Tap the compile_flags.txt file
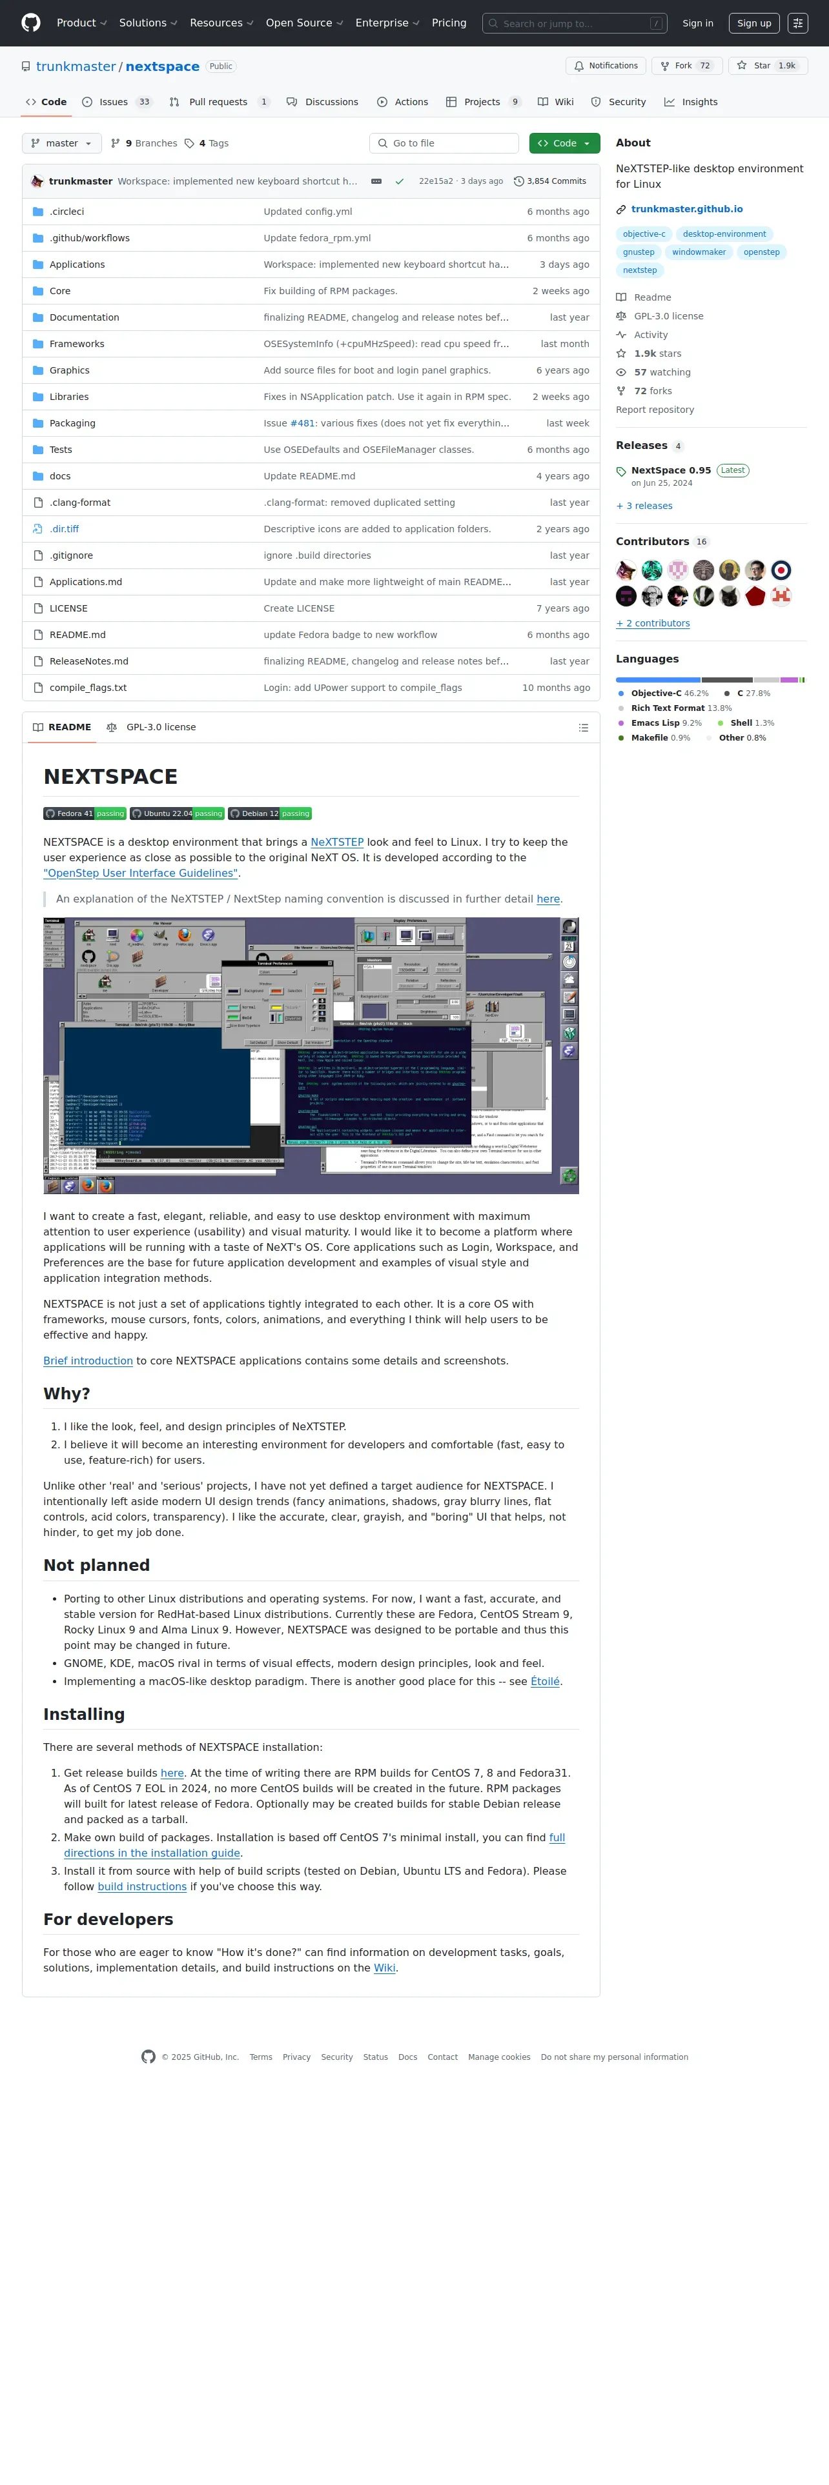click(x=88, y=688)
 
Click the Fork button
click(x=683, y=66)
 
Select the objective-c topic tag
click(x=644, y=234)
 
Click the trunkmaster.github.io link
click(x=686, y=209)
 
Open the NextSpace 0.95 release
click(x=671, y=471)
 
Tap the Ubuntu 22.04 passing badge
click(x=178, y=813)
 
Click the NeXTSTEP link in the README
click(x=337, y=842)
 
